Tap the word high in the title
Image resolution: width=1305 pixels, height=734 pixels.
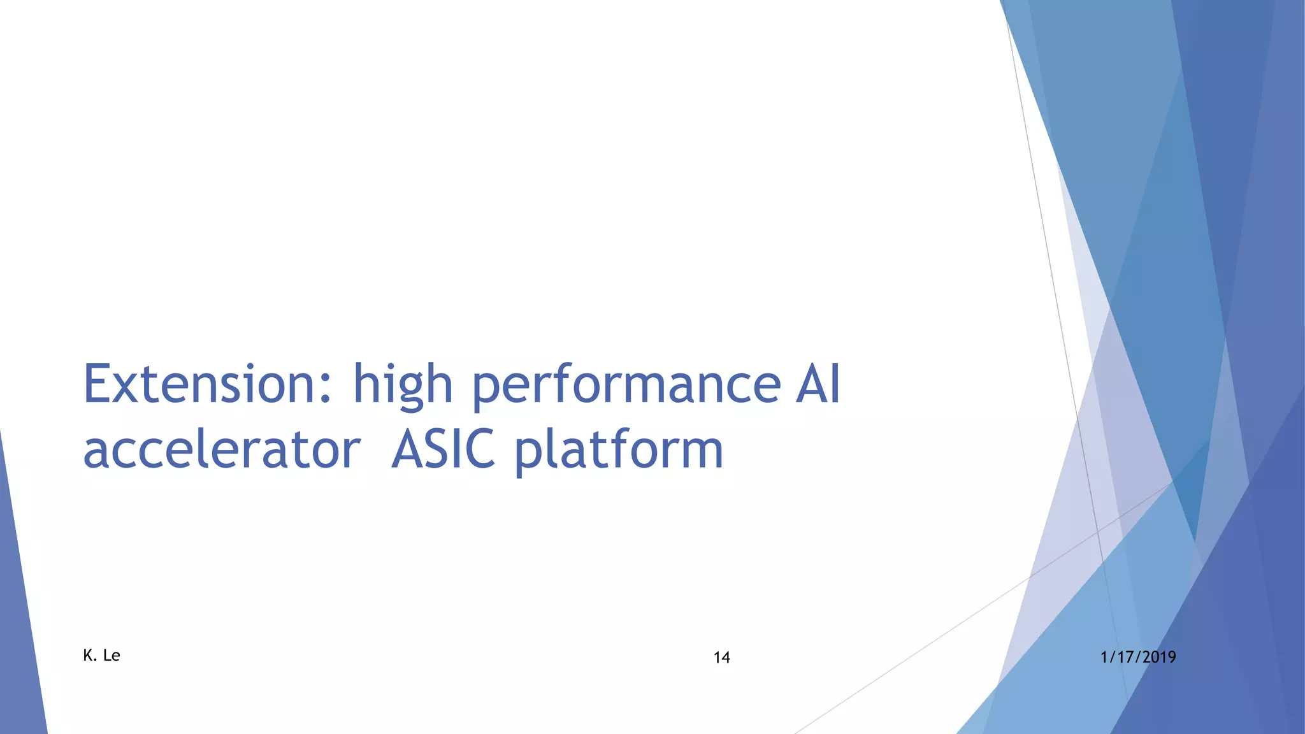pyautogui.click(x=403, y=385)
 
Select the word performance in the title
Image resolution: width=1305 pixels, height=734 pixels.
pyautogui.click(x=626, y=385)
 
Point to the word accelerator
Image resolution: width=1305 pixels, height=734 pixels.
pyautogui.click(x=222, y=450)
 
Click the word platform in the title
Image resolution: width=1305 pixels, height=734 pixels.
pyautogui.click(x=618, y=451)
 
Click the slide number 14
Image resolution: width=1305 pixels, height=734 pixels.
pyautogui.click(x=721, y=658)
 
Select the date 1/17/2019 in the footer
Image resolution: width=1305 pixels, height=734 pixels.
pyautogui.click(x=1138, y=657)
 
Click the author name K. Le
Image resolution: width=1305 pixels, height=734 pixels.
pyautogui.click(x=101, y=656)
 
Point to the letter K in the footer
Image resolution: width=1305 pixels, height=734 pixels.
pyautogui.click(x=88, y=656)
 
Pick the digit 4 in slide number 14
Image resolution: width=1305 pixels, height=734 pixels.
pyautogui.click(x=726, y=658)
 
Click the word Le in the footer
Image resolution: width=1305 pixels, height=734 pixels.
pyautogui.click(x=112, y=656)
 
